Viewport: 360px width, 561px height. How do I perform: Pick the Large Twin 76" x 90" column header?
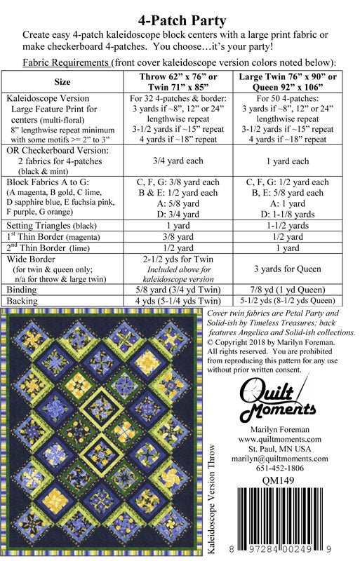pos(295,81)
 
